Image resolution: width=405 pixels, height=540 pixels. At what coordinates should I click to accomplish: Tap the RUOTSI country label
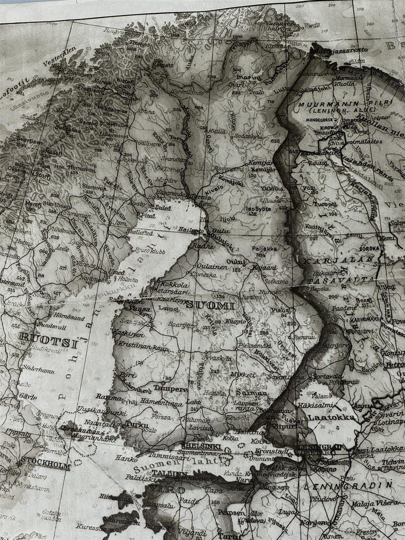[x=50, y=337]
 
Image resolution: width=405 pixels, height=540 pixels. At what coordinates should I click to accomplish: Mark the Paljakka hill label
[x=265, y=248]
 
